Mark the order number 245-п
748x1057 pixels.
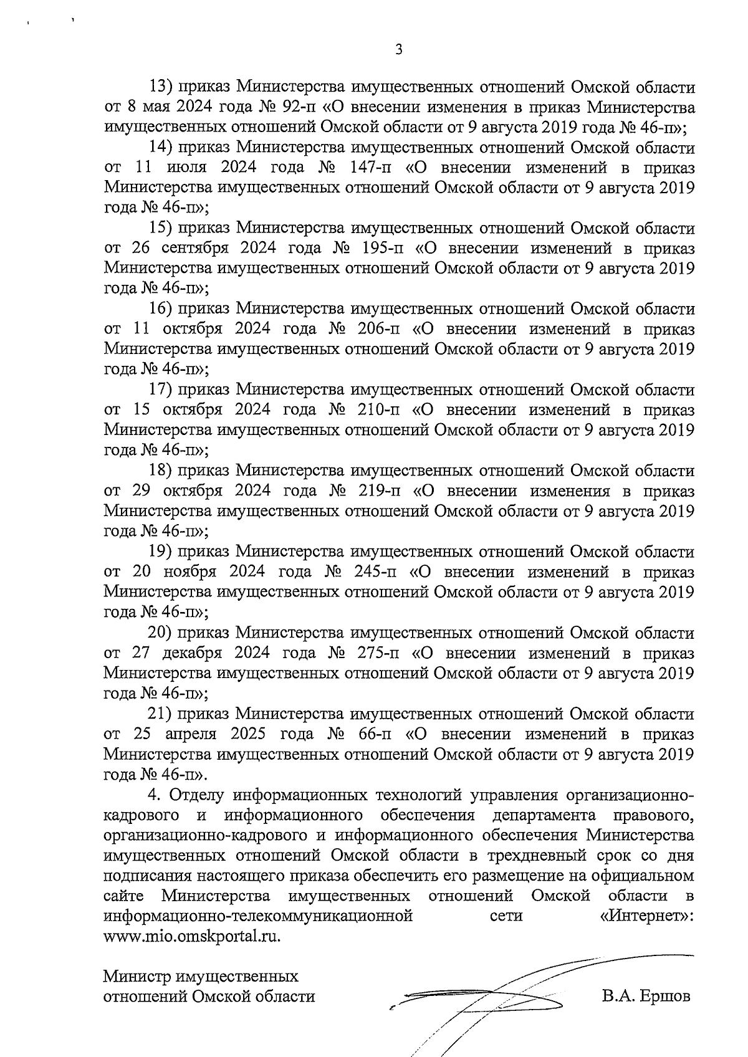pos(376,572)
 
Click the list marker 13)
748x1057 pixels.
pos(162,87)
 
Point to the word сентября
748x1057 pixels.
pos(196,249)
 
